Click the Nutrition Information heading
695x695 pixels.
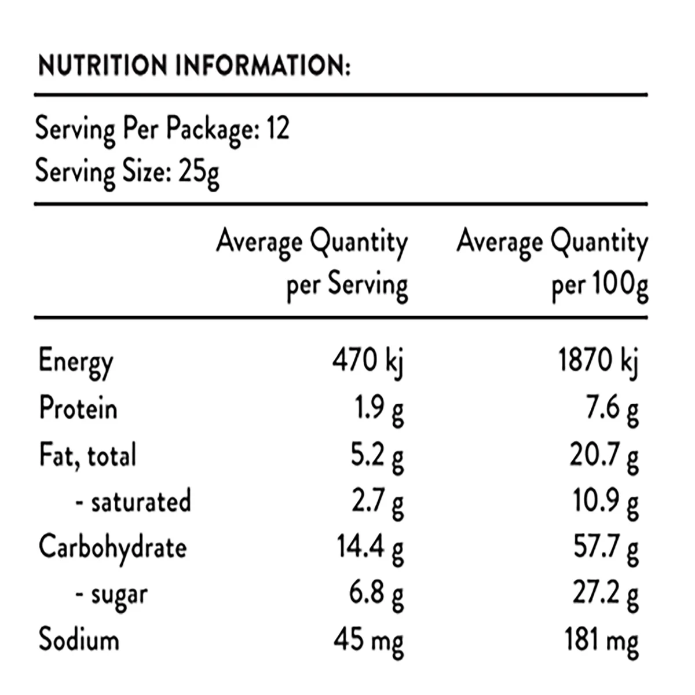[x=194, y=65]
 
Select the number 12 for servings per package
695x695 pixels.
[x=278, y=128]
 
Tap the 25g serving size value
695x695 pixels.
[x=199, y=173]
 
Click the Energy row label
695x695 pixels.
[x=76, y=362]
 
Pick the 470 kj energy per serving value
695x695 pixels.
[x=368, y=362]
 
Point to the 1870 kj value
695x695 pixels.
[x=598, y=362]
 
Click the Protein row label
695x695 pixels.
[x=78, y=408]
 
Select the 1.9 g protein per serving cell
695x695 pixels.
[x=379, y=411]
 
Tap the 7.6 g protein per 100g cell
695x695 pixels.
[x=612, y=411]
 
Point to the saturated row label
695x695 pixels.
[x=133, y=501]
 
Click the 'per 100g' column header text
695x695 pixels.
[x=600, y=286]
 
